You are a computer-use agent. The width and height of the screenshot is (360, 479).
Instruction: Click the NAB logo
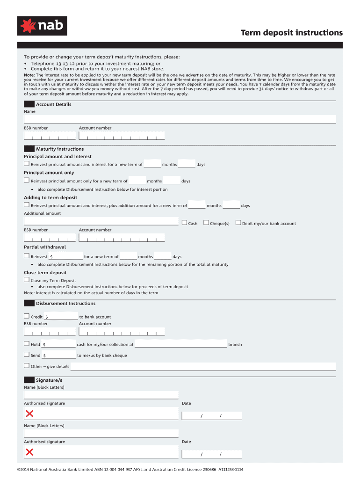(42, 26)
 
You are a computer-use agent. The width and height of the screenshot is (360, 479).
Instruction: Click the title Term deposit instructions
(291, 33)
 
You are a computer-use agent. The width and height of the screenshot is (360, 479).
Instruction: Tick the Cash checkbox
(184, 223)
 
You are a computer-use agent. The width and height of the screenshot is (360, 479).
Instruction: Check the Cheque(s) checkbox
(206, 223)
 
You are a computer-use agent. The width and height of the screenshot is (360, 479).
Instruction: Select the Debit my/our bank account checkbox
(238, 223)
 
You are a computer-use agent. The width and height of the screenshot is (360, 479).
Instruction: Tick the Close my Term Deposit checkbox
(27, 280)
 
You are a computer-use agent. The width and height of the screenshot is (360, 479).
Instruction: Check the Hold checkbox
(27, 344)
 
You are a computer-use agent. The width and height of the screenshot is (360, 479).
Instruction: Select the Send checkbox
(27, 355)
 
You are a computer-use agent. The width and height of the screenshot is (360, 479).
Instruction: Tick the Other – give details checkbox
(27, 366)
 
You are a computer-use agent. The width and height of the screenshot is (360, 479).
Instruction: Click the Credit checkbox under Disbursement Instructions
(27, 316)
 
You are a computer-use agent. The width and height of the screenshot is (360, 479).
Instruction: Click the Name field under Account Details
(180, 119)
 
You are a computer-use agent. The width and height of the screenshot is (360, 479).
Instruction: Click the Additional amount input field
(101, 222)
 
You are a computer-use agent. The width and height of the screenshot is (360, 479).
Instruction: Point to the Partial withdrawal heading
(45, 247)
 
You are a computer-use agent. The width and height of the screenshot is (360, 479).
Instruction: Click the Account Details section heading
(53, 104)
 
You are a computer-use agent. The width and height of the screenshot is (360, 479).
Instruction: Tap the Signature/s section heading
(49, 380)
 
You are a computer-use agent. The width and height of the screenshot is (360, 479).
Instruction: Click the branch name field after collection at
(181, 345)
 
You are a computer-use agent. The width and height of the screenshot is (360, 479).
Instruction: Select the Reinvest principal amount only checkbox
(27, 180)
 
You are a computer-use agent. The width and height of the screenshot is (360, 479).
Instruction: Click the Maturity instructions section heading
(60, 149)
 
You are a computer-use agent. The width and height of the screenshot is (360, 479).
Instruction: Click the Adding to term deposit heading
(50, 197)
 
